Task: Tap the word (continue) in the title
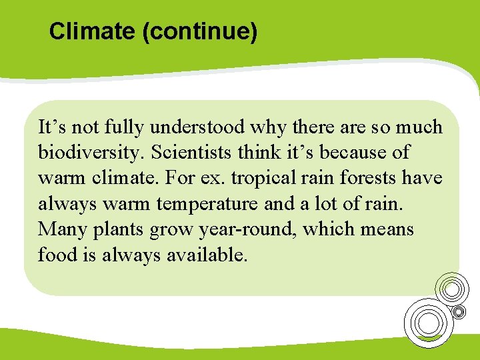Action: pyautogui.click(x=199, y=31)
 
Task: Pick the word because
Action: pyautogui.click(x=354, y=152)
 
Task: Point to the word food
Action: pyautogui.click(x=55, y=255)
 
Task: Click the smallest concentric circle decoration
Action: pyautogui.click(x=459, y=311)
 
